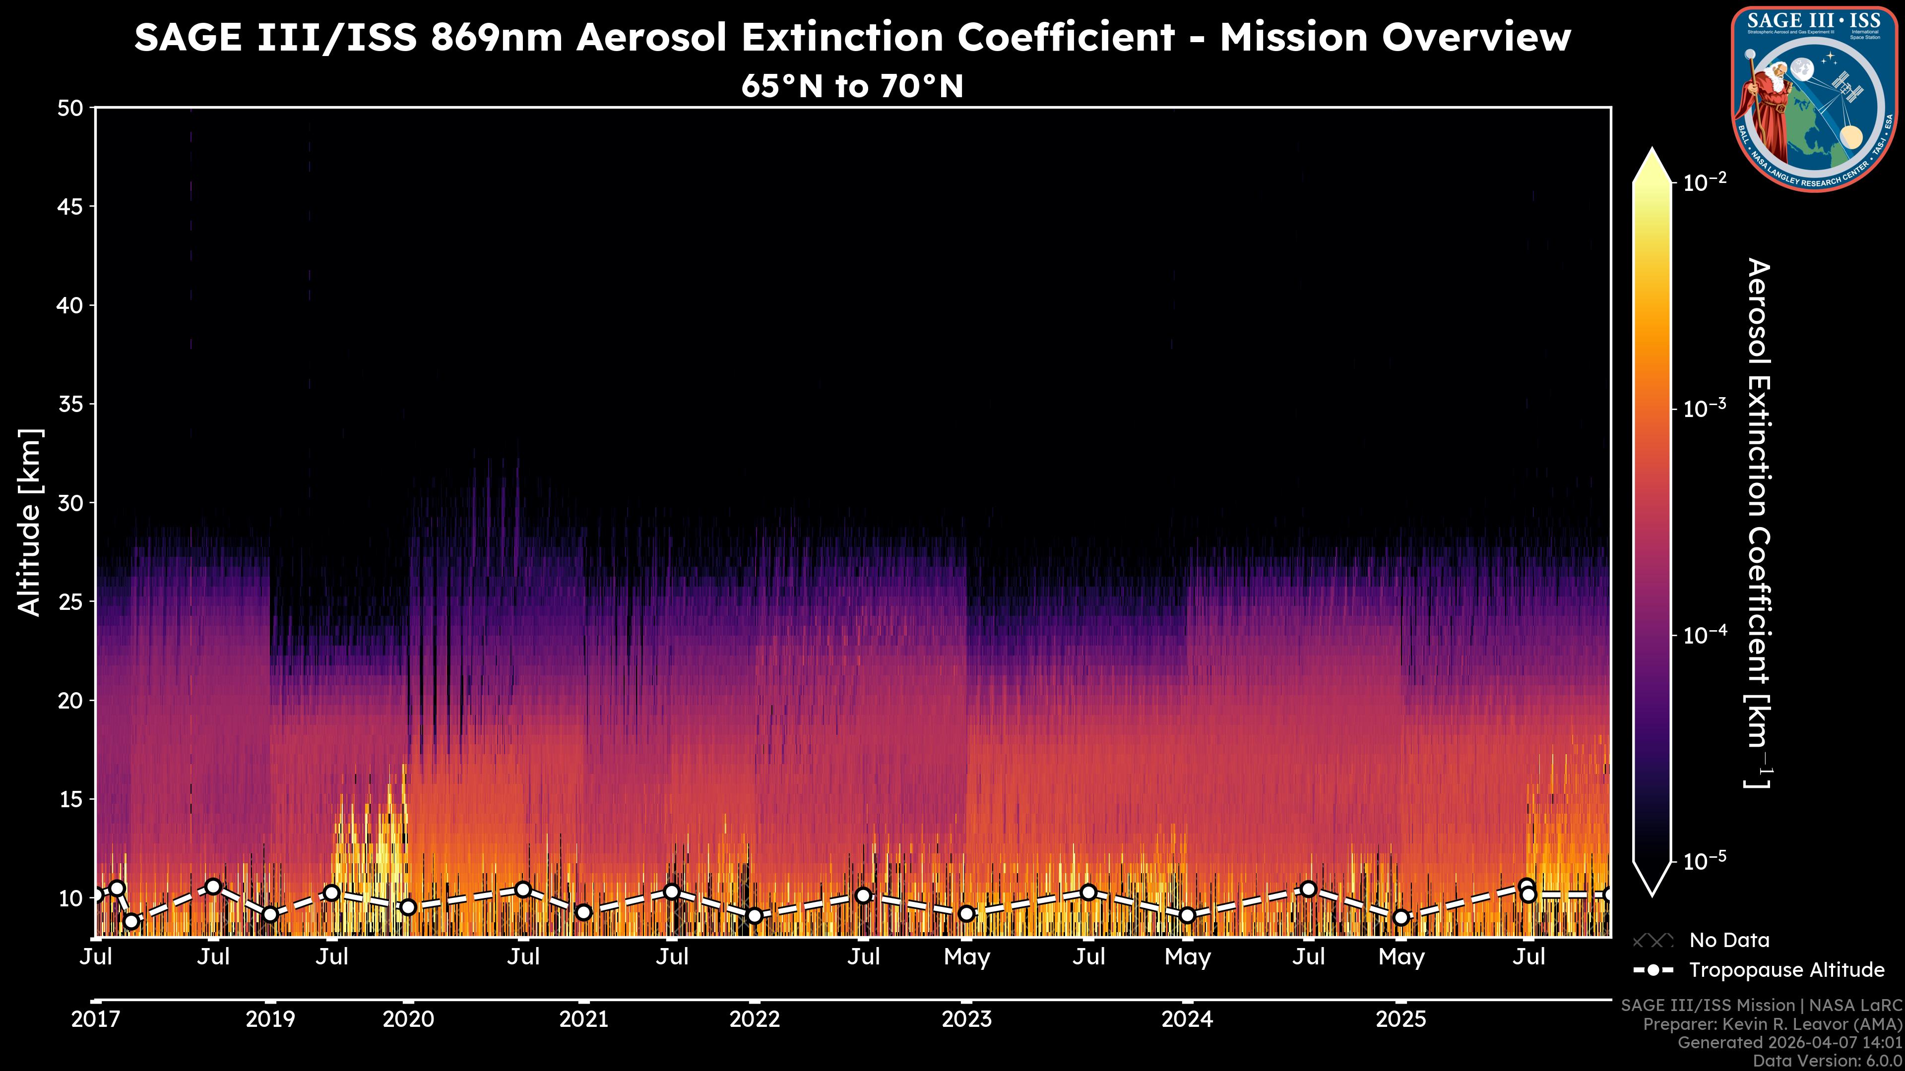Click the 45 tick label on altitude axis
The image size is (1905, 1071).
70,206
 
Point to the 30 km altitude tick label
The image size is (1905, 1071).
70,503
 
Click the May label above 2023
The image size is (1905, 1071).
966,957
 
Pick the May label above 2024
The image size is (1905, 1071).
1187,957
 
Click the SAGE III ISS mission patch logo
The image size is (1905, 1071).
1814,98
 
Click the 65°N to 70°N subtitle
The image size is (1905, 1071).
852,86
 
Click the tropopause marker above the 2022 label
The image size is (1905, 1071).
754,916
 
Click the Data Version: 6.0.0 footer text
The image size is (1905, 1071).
1827,1061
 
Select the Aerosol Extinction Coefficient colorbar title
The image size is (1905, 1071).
1759,523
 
